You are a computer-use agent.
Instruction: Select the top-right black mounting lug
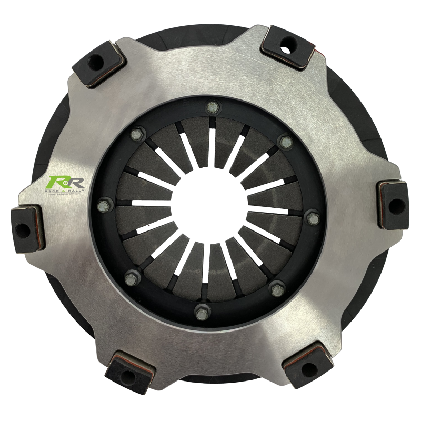(288, 46)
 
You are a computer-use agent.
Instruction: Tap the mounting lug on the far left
(26, 228)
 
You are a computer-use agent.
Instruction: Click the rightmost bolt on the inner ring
(313, 217)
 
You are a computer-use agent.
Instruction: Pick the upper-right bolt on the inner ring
(286, 142)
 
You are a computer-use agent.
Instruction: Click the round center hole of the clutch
(208, 210)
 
